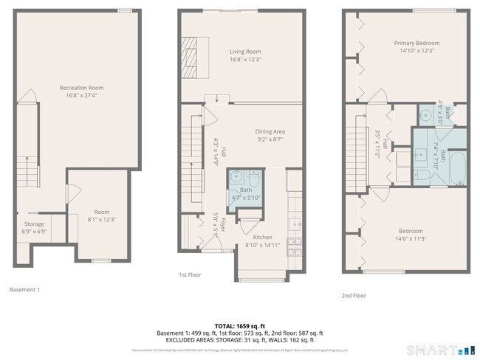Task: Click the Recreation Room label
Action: click(81, 88)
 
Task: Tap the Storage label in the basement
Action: click(34, 224)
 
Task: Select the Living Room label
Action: click(244, 51)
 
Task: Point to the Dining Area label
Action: click(270, 131)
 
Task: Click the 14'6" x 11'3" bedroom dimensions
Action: click(412, 238)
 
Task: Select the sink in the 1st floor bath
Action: click(236, 177)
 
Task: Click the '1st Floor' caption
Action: click(190, 274)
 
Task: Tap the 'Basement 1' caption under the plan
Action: click(24, 289)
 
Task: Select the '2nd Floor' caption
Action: click(353, 295)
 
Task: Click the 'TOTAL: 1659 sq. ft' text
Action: click(240, 325)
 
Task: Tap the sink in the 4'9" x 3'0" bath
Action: click(424, 115)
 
